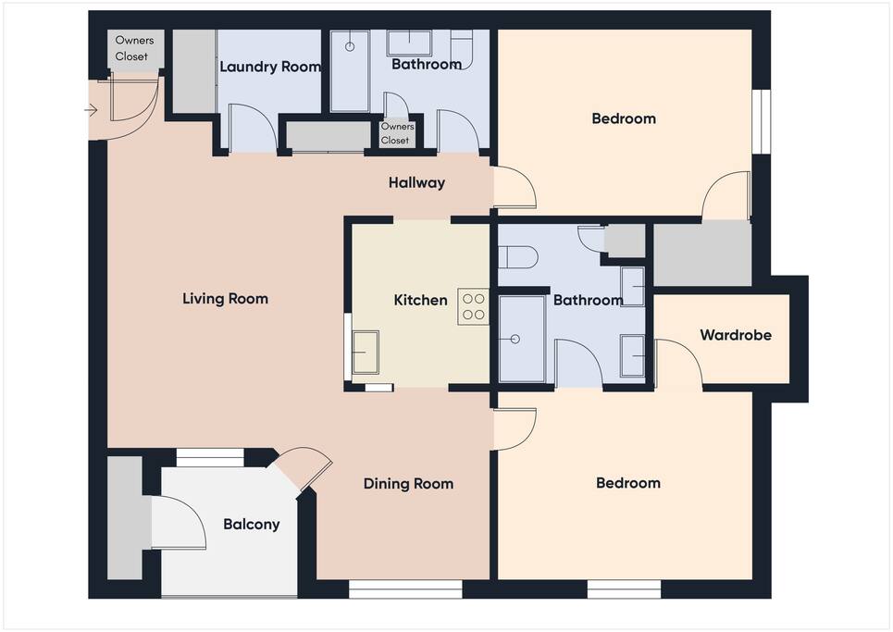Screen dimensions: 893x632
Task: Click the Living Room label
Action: [225, 298]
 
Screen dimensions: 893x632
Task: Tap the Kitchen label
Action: [420, 300]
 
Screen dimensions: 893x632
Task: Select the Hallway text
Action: [416, 183]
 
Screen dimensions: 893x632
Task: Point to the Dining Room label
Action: [408, 484]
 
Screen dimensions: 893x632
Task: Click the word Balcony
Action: [251, 525]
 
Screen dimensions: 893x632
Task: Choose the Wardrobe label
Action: [736, 335]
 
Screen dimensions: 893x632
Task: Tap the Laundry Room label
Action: [270, 67]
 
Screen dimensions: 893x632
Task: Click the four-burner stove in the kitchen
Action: [473, 306]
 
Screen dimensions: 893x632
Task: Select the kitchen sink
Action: [365, 353]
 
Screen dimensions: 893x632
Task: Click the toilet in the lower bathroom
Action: [517, 257]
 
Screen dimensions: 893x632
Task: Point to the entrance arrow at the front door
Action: [91, 110]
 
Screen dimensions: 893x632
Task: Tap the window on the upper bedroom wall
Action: [762, 121]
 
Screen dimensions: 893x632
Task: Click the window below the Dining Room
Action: [405, 589]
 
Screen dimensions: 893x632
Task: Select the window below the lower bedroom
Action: [624, 589]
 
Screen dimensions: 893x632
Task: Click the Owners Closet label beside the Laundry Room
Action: [134, 48]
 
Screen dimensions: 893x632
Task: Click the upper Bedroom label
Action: [624, 118]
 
